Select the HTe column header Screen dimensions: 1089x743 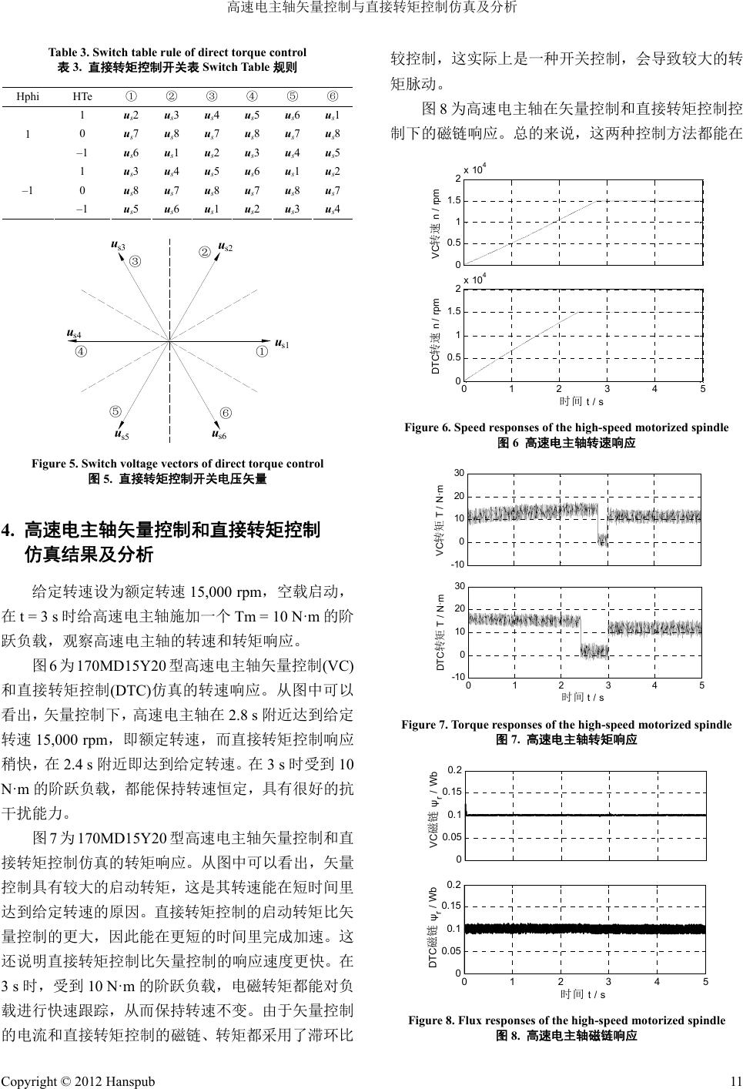82,97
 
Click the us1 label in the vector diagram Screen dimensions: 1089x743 283,343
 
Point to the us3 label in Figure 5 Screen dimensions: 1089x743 119,246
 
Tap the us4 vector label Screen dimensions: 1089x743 74,334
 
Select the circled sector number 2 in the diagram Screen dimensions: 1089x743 205,252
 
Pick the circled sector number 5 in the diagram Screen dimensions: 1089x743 116,411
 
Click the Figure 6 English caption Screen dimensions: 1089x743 566,427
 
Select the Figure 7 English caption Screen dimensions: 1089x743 566,725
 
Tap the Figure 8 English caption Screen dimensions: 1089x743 566,1020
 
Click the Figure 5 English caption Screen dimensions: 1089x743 177,464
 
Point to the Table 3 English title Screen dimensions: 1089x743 177,52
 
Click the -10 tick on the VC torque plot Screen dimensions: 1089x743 456,565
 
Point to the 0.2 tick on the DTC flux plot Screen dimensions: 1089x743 454,884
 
